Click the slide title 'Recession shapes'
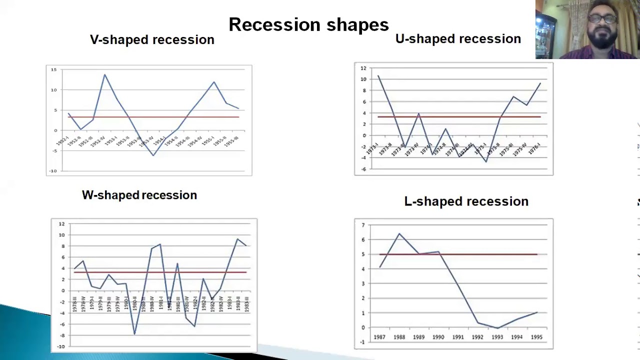[x=308, y=24]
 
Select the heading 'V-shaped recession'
[x=152, y=40]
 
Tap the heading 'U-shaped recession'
[x=458, y=39]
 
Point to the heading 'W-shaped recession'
[x=139, y=195]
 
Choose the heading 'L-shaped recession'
[x=466, y=201]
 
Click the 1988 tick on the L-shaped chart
[x=399, y=337]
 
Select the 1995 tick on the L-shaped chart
[x=536, y=337]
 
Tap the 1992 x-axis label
[x=477, y=337]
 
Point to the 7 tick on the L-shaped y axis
[x=363, y=225]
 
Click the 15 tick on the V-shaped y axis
[x=54, y=69]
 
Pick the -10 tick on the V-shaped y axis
[x=53, y=171]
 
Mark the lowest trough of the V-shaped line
[x=153, y=155]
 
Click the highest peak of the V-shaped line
[x=104, y=74]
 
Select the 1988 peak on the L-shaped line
[x=399, y=233]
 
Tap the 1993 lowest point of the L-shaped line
[x=497, y=328]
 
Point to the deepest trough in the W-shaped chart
[x=134, y=334]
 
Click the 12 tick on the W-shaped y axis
[x=61, y=224]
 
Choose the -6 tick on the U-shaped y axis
[x=363, y=169]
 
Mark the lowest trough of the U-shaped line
[x=485, y=161]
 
